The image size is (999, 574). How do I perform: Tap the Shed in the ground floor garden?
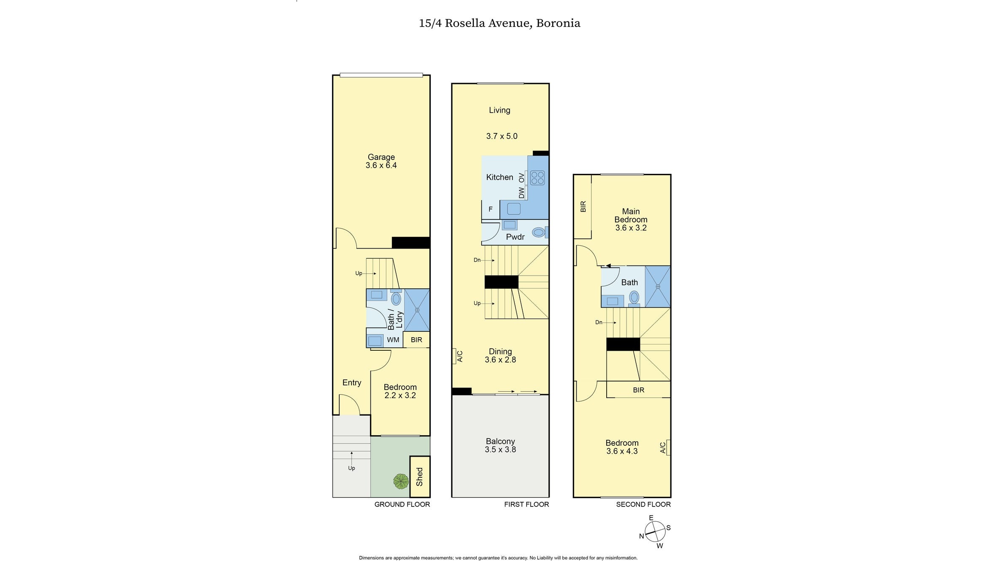pos(419,477)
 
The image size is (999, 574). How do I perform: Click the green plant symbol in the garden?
pos(401,481)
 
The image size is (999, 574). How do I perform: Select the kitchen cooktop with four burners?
pos(537,178)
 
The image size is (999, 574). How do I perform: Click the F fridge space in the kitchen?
pos(490,209)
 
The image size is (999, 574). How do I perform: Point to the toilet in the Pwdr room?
pos(539,232)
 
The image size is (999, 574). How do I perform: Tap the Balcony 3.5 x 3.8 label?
pos(500,445)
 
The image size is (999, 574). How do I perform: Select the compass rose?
pos(655,531)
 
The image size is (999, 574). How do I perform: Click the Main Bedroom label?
pos(631,215)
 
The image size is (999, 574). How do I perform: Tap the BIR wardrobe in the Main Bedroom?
pos(583,206)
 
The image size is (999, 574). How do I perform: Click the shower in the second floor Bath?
pos(657,287)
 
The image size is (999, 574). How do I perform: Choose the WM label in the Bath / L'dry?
pos(393,340)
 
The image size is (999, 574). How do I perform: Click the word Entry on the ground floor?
pos(351,383)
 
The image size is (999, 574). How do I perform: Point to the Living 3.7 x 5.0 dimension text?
pos(502,136)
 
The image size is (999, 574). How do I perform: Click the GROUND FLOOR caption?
pos(402,504)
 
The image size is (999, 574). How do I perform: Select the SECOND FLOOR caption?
pos(643,504)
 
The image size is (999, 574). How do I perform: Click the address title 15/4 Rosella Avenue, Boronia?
pos(499,23)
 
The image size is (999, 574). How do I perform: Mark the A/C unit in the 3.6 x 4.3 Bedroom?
pos(666,447)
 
